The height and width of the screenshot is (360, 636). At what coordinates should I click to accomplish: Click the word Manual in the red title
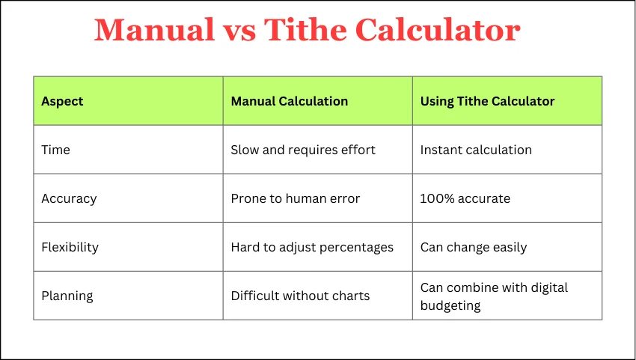[x=154, y=30]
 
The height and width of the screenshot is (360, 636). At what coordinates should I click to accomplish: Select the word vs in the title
[x=239, y=33]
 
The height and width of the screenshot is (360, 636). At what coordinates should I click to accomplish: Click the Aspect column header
[x=62, y=101]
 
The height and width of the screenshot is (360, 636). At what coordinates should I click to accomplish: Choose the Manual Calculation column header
[x=290, y=101]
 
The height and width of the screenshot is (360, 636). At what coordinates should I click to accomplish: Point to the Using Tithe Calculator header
[x=487, y=101]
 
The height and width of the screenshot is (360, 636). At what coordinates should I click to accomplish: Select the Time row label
[x=55, y=150]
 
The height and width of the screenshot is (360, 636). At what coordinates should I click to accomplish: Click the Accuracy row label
[x=69, y=199]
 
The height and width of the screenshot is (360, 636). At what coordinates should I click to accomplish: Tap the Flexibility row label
[x=70, y=247]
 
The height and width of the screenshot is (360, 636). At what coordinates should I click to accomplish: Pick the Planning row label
[x=67, y=296]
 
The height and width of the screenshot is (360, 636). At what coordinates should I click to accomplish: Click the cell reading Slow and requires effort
[x=303, y=150]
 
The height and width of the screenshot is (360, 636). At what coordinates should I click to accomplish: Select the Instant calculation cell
[x=476, y=150]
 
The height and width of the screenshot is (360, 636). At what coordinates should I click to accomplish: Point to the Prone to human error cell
[x=296, y=198]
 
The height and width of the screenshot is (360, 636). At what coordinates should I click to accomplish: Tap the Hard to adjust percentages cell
[x=312, y=247]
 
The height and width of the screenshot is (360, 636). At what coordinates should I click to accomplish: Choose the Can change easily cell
[x=474, y=247]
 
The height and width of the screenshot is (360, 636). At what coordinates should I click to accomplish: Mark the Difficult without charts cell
[x=300, y=296]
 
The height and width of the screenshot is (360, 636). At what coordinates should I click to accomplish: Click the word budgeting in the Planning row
[x=450, y=305]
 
